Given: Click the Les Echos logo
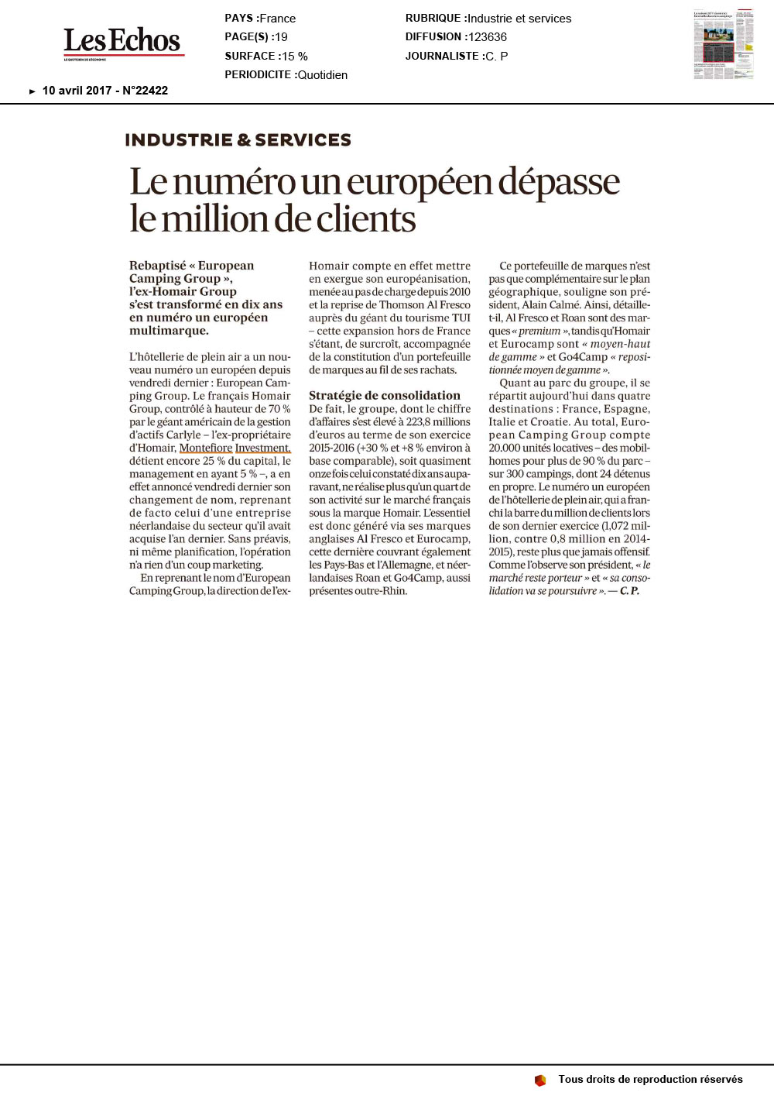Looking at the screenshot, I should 122,42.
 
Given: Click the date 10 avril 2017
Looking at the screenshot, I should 77,91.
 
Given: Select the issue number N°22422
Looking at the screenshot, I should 145,91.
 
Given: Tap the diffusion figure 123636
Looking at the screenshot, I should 488,37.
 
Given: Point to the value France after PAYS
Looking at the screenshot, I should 278,19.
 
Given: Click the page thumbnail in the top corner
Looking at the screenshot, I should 723,44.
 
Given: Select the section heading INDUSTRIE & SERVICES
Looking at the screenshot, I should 238,140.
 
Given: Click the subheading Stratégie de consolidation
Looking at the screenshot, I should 385,396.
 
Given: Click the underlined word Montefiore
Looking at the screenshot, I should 206,448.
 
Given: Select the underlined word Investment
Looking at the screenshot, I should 263,448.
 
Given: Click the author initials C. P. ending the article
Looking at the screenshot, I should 629,591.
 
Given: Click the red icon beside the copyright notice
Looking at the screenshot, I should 540,1080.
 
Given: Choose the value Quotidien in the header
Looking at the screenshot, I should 323,75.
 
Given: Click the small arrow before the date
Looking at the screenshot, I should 33,91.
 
